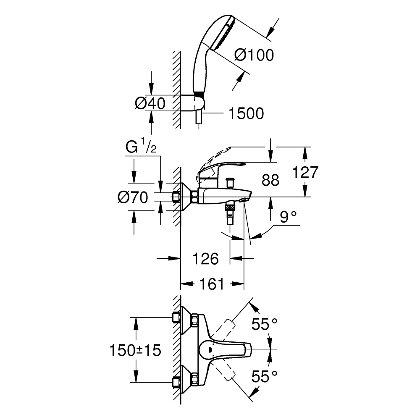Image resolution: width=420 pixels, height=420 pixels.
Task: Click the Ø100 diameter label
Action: [254, 55]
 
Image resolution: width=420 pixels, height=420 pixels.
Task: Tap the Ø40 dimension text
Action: [150, 103]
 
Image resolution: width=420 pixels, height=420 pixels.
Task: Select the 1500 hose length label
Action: [246, 113]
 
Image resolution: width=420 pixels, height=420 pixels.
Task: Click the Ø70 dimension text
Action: [133, 197]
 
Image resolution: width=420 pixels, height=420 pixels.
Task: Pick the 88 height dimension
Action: [270, 181]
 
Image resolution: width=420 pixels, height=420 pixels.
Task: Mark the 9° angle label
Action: [288, 217]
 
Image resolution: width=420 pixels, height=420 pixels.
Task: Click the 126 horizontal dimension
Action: [206, 259]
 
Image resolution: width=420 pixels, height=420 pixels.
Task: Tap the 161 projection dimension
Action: [211, 284]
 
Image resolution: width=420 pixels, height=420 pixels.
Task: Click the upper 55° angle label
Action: [265, 324]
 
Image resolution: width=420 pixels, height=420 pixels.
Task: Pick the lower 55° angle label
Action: [265, 376]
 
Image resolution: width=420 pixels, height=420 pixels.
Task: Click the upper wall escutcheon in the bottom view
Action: [185, 318]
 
